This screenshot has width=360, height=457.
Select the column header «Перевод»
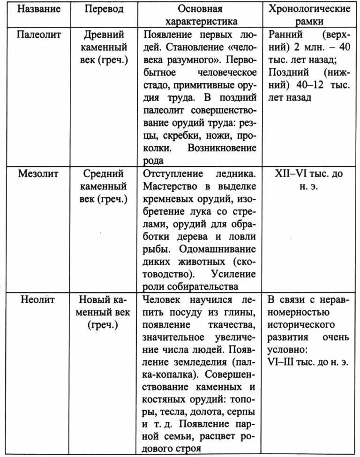click(x=104, y=9)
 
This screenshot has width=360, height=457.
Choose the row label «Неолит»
click(x=38, y=300)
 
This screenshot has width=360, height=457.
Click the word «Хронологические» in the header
click(x=310, y=9)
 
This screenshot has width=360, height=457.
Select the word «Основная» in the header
click(x=200, y=9)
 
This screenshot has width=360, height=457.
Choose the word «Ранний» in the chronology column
click(x=286, y=35)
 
